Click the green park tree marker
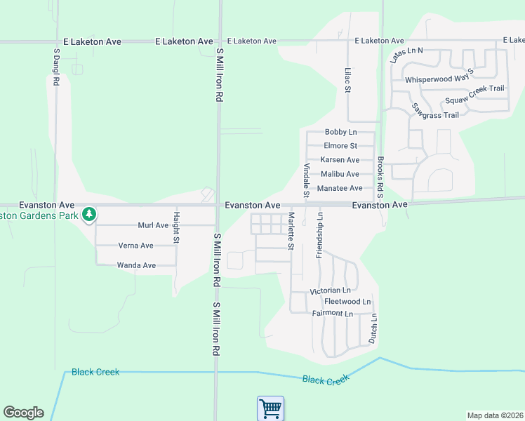coord(88,213)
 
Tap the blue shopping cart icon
coord(270,408)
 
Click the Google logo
coord(23,413)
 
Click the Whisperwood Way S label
coord(439,79)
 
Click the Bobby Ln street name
coord(340,132)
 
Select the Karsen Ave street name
coord(340,160)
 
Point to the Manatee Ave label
coord(340,188)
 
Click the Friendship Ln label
coord(319,234)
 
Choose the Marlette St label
coord(290,231)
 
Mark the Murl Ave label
coord(153,225)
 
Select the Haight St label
coord(177,228)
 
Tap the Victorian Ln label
coord(330,290)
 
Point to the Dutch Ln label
coord(373,328)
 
